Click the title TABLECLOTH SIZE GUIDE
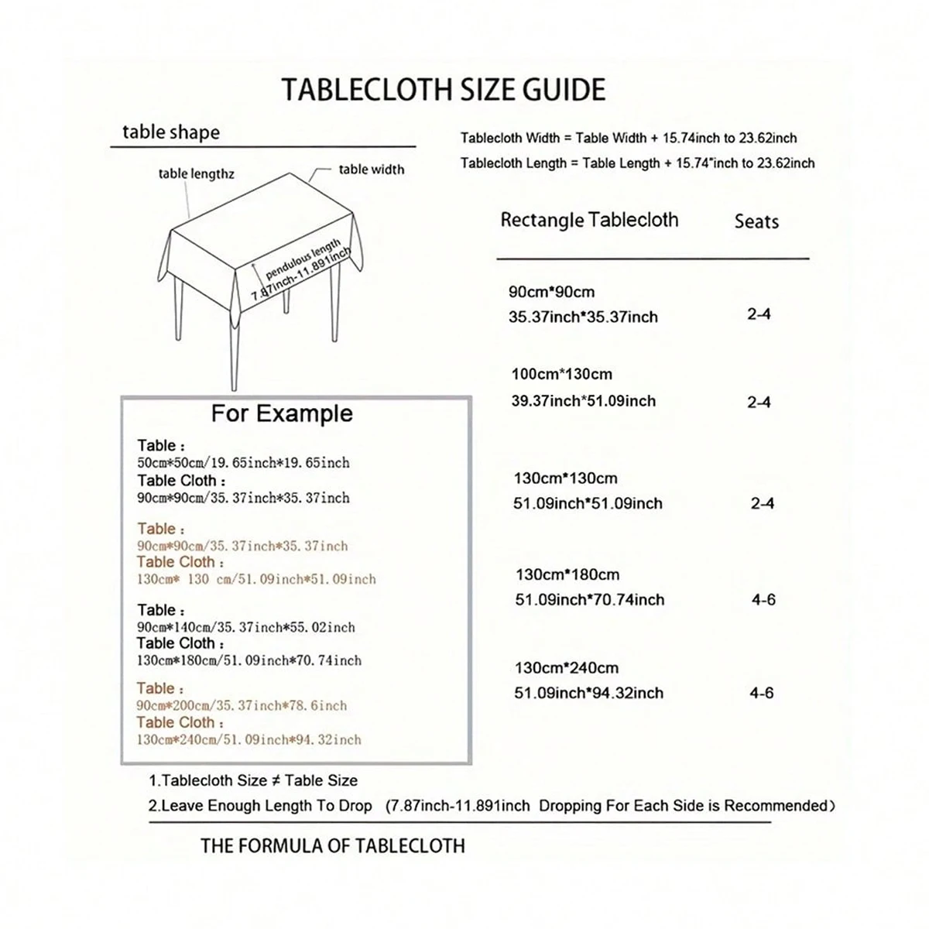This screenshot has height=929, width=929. [443, 90]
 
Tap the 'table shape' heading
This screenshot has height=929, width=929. [171, 132]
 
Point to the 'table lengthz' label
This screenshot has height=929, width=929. [196, 173]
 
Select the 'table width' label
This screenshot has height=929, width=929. [372, 170]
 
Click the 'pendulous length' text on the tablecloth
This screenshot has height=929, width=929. [303, 259]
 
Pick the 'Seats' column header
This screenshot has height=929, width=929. [756, 221]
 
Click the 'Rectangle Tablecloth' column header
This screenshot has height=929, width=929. [589, 220]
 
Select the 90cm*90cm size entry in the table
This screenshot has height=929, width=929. [551, 292]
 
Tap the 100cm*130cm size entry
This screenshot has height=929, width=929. [561, 374]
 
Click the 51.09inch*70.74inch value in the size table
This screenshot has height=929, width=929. [590, 600]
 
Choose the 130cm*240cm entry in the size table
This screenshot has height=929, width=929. [567, 667]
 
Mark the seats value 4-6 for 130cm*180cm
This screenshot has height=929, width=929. [763, 600]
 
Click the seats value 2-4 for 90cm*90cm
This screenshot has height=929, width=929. [759, 314]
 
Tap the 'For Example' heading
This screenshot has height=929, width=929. [282, 413]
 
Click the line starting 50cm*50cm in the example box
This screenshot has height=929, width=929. [243, 463]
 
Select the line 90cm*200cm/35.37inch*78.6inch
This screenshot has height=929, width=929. [242, 706]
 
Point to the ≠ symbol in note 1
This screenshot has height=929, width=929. [276, 780]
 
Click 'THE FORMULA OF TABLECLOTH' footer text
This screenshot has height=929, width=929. [333, 846]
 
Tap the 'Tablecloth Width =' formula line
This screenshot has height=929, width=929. [628, 139]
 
